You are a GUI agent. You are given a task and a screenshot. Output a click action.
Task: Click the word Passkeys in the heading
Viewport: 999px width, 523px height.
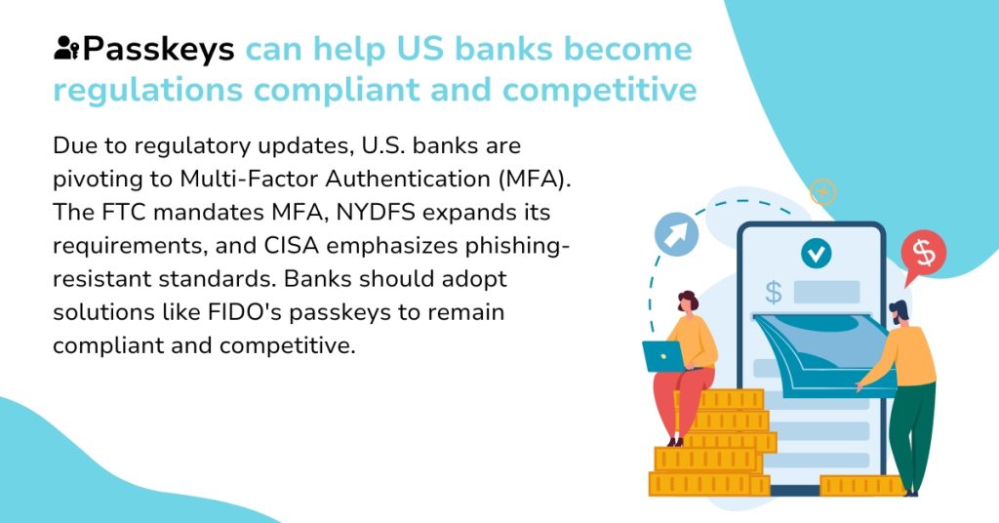click(x=158, y=50)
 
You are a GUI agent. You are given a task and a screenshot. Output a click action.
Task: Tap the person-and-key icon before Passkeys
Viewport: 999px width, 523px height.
click(x=67, y=48)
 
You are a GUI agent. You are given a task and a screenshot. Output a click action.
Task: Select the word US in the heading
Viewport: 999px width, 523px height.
click(x=420, y=49)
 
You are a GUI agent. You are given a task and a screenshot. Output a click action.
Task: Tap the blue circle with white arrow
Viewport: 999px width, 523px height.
click(x=676, y=234)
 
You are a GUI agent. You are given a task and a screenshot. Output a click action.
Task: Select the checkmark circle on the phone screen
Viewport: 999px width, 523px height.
click(x=816, y=254)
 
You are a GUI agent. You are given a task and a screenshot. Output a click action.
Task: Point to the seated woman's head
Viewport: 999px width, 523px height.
click(x=688, y=302)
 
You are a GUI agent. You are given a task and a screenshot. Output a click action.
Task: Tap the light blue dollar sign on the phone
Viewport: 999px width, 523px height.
click(x=774, y=293)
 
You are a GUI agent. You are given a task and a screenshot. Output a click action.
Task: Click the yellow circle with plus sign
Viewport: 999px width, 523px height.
click(x=823, y=192)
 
